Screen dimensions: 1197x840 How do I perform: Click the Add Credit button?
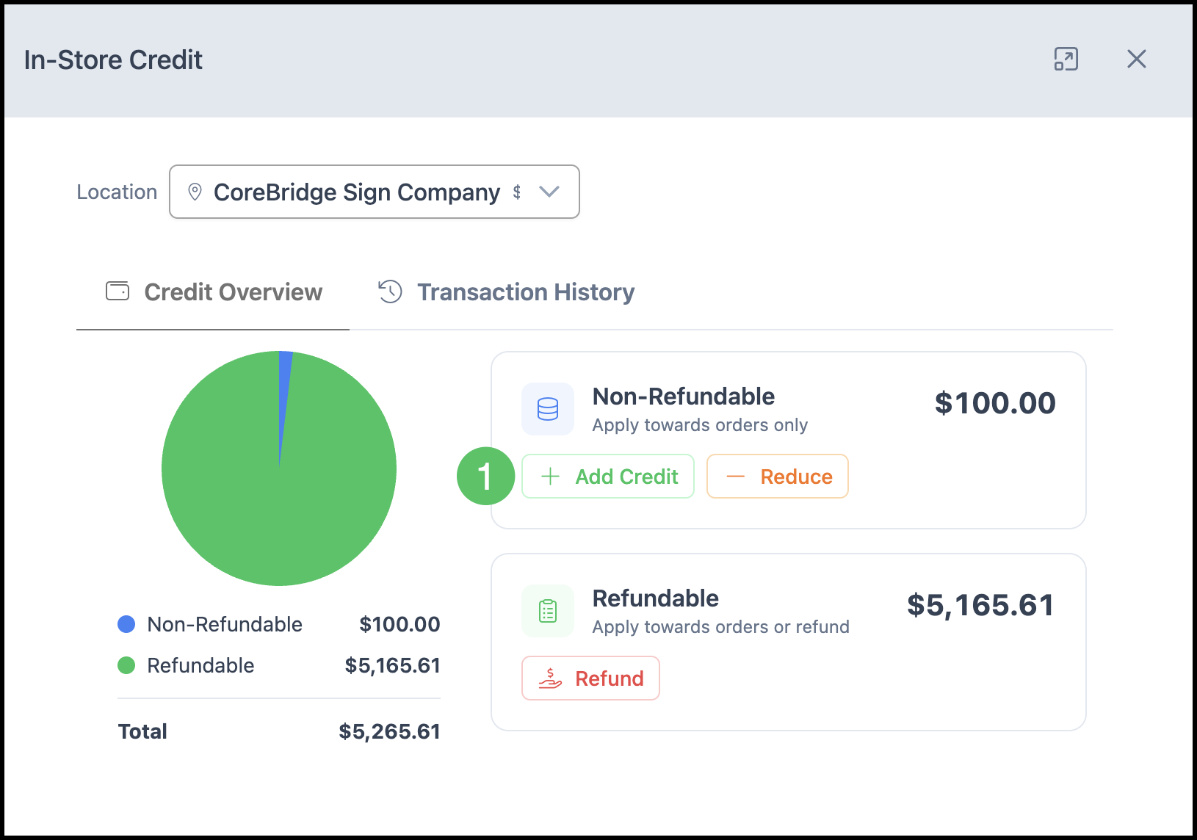click(607, 476)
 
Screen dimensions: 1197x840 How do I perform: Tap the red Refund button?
click(590, 678)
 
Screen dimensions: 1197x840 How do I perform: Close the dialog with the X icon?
click(1137, 59)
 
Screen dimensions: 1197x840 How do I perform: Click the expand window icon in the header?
click(1066, 59)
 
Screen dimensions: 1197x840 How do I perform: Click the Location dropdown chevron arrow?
click(549, 192)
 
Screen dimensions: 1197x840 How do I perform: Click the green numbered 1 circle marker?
click(485, 476)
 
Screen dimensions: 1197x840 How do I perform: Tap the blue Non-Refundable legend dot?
click(126, 624)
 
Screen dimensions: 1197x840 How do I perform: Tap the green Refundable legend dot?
click(126, 665)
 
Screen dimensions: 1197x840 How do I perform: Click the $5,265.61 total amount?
click(389, 731)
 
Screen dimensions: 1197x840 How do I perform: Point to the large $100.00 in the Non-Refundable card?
click(995, 403)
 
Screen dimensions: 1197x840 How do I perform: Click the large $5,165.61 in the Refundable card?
click(981, 605)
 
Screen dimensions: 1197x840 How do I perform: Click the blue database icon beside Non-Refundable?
click(548, 409)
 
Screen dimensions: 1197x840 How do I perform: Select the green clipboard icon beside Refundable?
click(548, 611)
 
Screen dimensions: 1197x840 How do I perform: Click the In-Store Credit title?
click(113, 59)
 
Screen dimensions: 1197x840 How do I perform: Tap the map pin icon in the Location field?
click(195, 192)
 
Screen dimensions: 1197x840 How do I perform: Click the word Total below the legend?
click(142, 731)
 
